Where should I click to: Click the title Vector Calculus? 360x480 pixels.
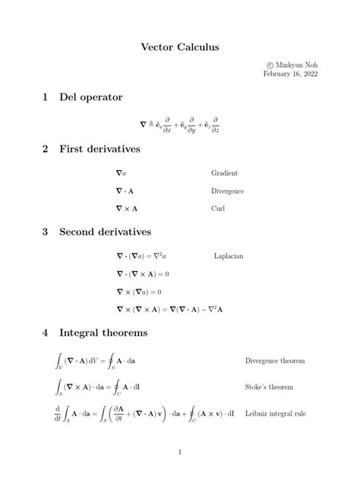(x=179, y=47)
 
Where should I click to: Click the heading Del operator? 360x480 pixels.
(x=91, y=97)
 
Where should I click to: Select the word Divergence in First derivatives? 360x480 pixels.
(x=227, y=191)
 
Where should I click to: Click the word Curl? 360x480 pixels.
(x=218, y=207)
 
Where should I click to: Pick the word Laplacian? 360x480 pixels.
(x=229, y=257)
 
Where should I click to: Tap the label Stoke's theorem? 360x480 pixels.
(x=269, y=387)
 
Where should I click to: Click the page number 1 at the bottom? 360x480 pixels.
(x=180, y=453)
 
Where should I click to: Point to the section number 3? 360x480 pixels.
(x=46, y=231)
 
